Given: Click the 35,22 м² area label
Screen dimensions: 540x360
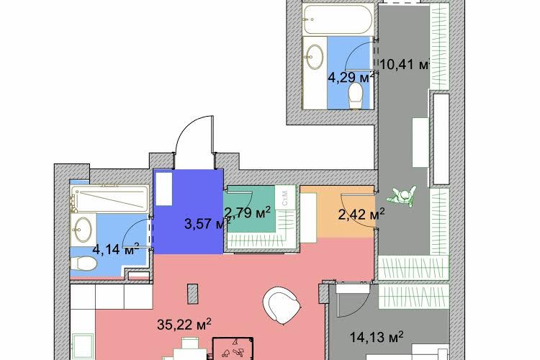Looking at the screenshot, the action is [184, 324].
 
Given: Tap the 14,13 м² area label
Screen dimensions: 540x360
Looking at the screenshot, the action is [377, 336].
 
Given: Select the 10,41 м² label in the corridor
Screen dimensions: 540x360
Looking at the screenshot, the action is [405, 64].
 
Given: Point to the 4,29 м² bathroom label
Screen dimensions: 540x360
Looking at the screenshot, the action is [351, 78].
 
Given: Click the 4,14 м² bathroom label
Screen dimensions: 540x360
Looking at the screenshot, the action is [116, 248].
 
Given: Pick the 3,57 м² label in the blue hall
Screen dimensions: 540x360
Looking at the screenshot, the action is [207, 224].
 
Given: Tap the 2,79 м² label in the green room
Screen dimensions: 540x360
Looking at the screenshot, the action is [247, 212].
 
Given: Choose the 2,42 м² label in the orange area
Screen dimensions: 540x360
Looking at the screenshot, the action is [361, 215].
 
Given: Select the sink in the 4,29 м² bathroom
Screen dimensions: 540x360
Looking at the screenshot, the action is [315, 56].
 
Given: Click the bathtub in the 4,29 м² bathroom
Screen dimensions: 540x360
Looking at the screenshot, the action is [338, 19].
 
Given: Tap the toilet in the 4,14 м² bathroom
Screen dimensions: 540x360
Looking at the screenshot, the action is [84, 264].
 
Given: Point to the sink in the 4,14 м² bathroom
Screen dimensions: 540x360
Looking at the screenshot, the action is [83, 230].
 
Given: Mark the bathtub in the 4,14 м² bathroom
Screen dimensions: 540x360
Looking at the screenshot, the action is [109, 199].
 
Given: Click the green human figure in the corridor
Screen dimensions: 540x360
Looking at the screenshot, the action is [402, 197].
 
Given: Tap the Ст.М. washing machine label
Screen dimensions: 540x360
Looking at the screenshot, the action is [285, 197].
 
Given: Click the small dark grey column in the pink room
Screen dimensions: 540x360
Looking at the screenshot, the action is [192, 294].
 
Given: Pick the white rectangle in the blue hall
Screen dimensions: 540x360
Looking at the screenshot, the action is [163, 189].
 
